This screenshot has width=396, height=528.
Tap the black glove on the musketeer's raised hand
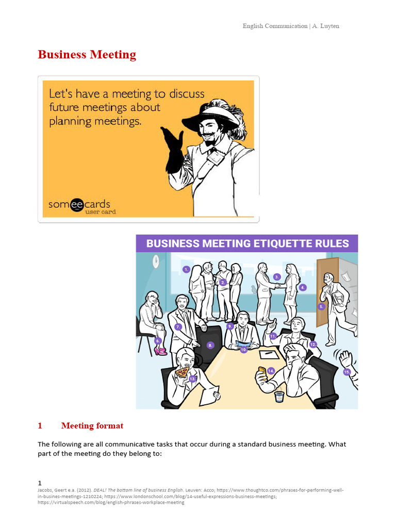click(x=173, y=150)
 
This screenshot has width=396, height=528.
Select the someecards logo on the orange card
click(x=79, y=204)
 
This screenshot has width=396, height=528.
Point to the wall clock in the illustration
click(x=155, y=262)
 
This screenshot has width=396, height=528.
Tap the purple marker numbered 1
click(x=186, y=269)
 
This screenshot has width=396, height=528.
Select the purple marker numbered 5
click(x=321, y=306)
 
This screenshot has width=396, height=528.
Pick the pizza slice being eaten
click(x=181, y=372)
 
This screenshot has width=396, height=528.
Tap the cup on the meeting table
click(x=279, y=396)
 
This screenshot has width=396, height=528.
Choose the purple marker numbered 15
click(x=347, y=372)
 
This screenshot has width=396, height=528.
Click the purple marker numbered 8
click(x=210, y=345)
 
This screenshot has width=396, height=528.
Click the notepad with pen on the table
click(x=269, y=355)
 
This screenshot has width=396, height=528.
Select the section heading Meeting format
click(x=92, y=426)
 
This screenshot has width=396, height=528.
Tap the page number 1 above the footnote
click(x=40, y=483)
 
